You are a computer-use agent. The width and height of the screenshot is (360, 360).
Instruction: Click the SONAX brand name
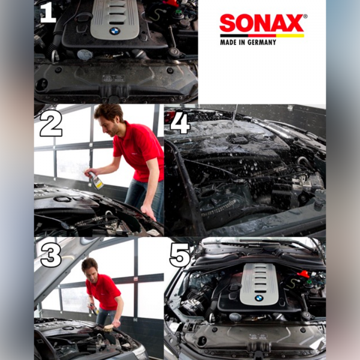click(x=262, y=24)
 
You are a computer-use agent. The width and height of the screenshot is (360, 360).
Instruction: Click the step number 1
click(x=47, y=13)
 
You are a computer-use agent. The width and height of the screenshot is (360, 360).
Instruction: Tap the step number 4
click(x=180, y=123)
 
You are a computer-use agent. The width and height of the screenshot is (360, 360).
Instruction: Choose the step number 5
click(x=180, y=254)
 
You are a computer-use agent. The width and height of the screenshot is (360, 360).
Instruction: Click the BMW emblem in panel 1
click(x=115, y=31)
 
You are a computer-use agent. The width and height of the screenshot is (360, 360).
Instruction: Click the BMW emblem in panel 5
click(x=259, y=298)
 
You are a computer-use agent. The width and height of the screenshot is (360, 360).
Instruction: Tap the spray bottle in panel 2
click(x=96, y=179)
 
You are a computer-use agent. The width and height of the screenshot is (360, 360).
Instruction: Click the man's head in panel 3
click(x=90, y=266)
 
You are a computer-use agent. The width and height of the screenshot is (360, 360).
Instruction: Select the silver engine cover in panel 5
click(x=259, y=282)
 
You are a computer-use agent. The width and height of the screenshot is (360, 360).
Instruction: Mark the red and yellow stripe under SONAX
click(x=262, y=35)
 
